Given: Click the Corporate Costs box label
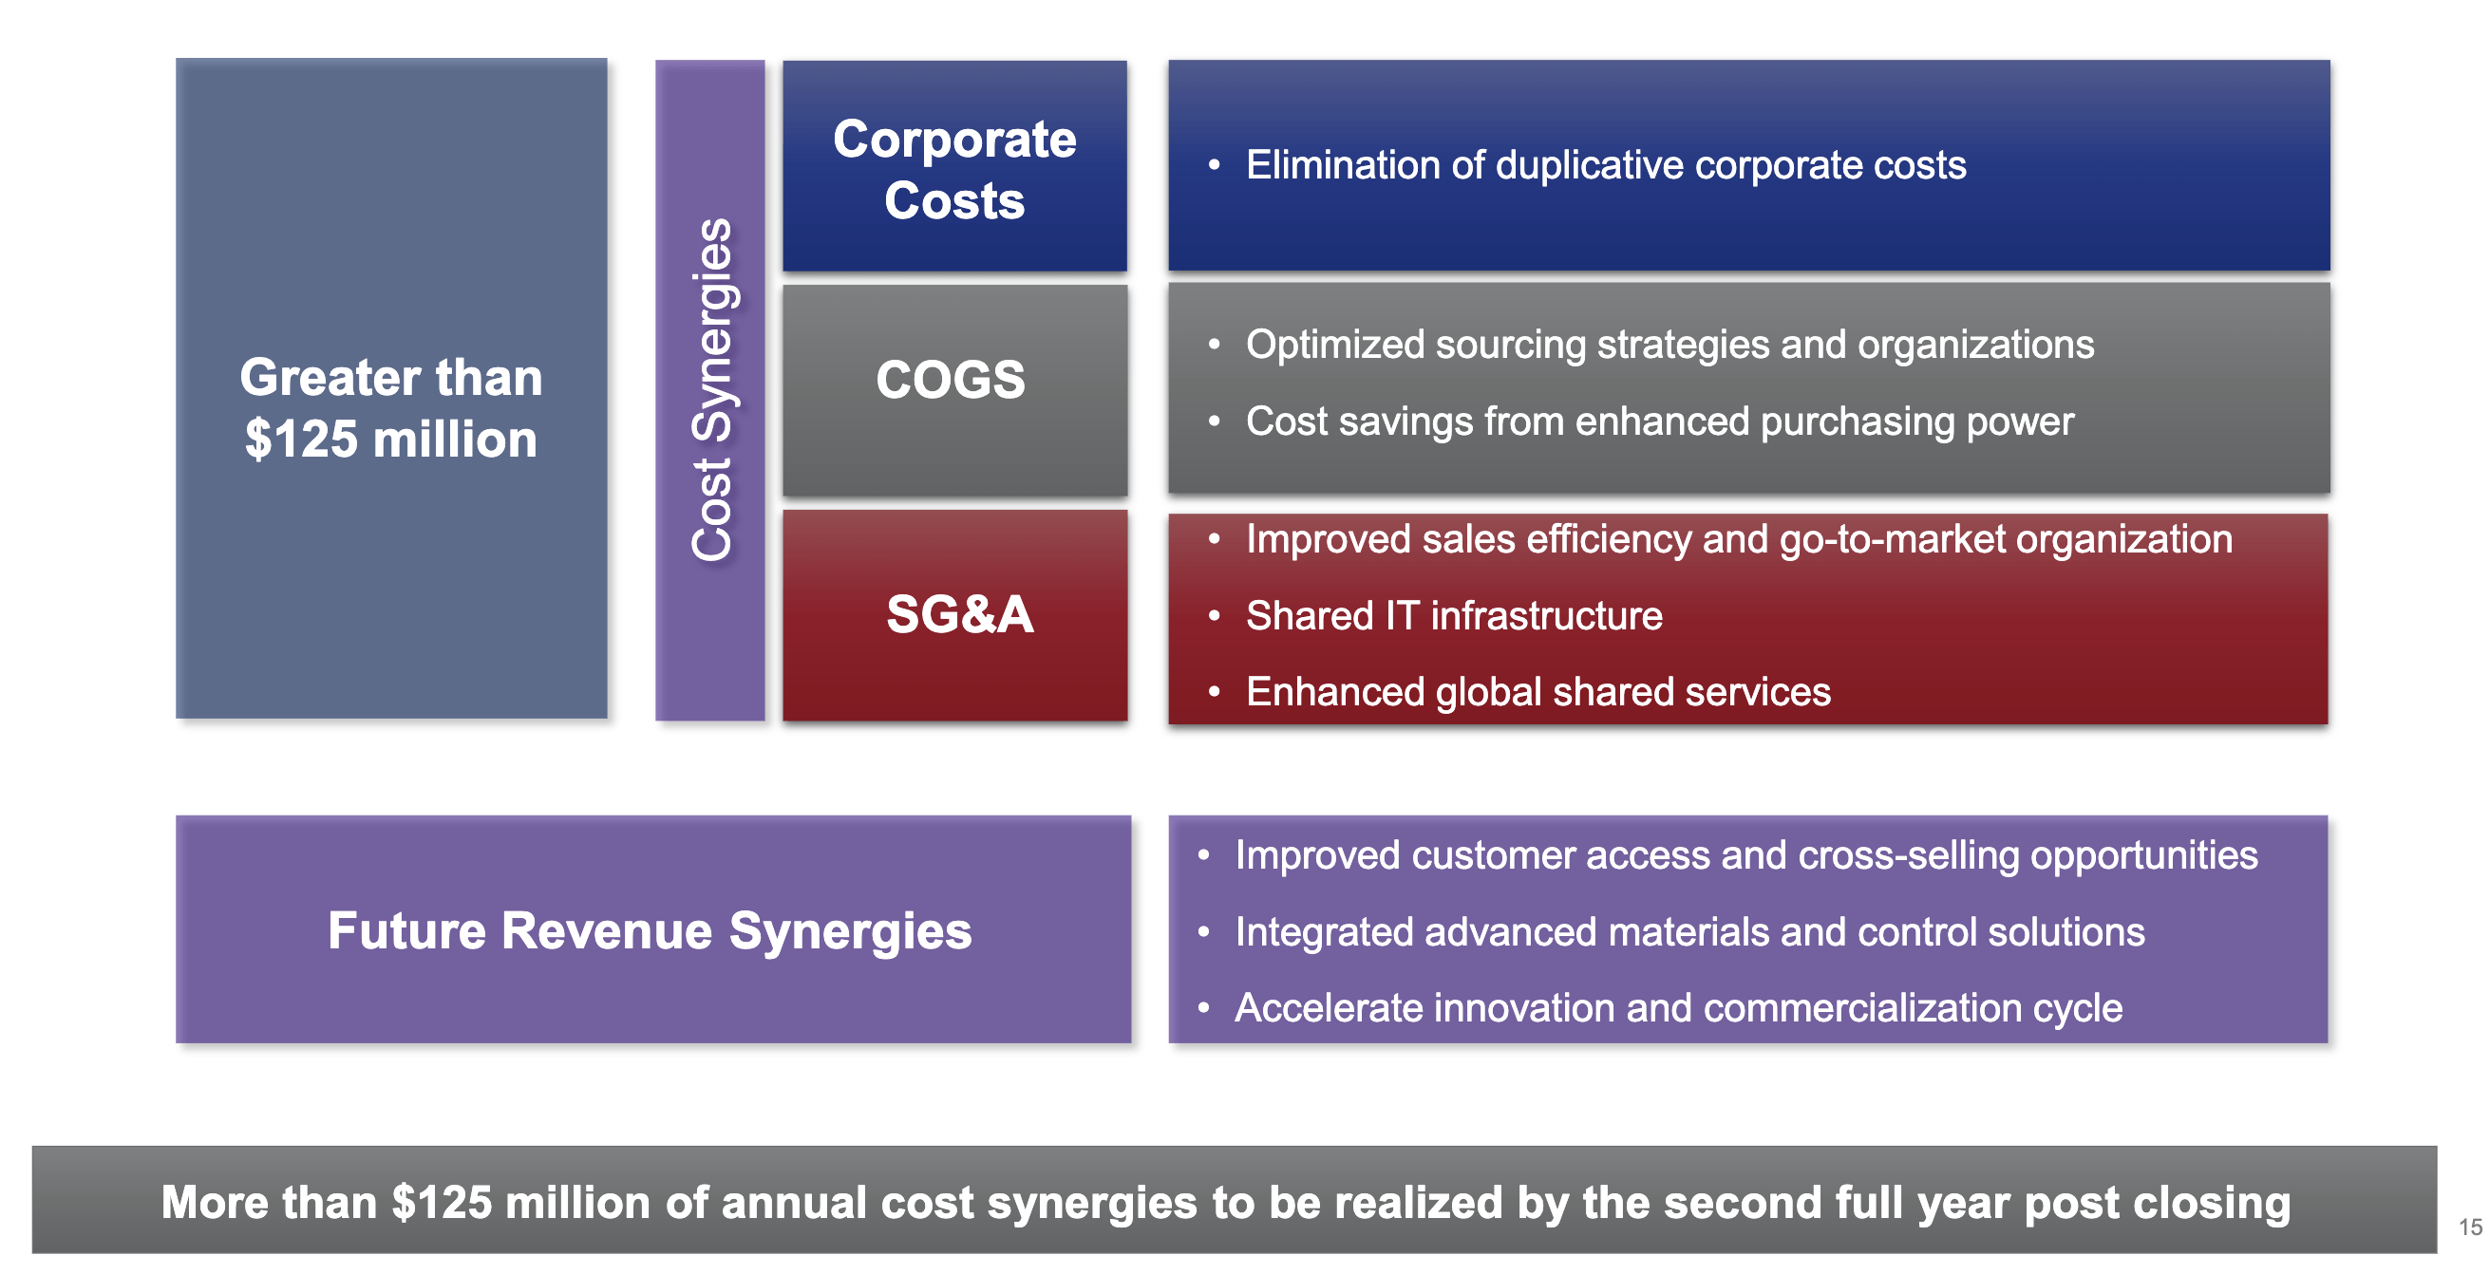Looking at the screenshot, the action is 954,169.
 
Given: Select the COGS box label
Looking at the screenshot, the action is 951,379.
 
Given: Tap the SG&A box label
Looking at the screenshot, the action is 960,614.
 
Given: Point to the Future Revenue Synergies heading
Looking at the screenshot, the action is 650,931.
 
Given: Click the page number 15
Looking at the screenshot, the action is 2471,1227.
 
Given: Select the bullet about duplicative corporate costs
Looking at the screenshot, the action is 1606,165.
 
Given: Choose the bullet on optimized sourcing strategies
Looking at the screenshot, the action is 1669,346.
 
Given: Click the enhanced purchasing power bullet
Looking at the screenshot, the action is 1660,422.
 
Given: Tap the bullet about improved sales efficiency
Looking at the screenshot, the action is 1739,539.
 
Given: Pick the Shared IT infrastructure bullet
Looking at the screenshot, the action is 1454,616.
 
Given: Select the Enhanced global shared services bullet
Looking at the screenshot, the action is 1537,692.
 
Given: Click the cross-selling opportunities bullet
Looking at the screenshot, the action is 1745,855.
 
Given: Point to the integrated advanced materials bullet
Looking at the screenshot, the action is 1689,932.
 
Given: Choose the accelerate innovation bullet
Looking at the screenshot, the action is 1678,1008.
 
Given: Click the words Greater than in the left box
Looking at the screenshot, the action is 390,377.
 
